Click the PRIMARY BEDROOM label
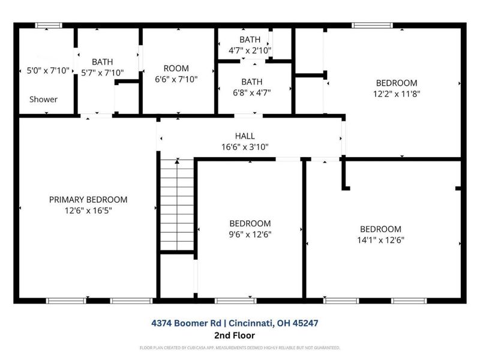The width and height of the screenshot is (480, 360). [88, 200]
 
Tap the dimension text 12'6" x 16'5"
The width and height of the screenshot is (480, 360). [88, 211]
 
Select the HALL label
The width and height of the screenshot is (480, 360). [245, 136]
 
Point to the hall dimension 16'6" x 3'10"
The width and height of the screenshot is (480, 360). [245, 146]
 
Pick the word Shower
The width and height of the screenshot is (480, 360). [43, 99]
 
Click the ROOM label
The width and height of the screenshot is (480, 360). [176, 68]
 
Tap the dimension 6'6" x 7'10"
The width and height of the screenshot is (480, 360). [176, 79]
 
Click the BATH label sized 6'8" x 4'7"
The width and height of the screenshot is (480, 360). [252, 82]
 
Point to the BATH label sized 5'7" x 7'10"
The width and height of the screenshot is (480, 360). [102, 62]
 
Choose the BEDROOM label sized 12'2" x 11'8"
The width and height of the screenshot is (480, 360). [396, 83]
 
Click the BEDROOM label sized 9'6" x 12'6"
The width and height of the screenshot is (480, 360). [250, 223]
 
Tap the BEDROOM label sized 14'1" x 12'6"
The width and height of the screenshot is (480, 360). [380, 229]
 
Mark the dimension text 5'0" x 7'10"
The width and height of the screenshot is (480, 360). [49, 71]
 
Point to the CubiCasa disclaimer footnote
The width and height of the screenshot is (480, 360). [240, 347]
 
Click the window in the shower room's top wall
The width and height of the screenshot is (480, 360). [49, 25]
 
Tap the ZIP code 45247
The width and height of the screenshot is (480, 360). [304, 323]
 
